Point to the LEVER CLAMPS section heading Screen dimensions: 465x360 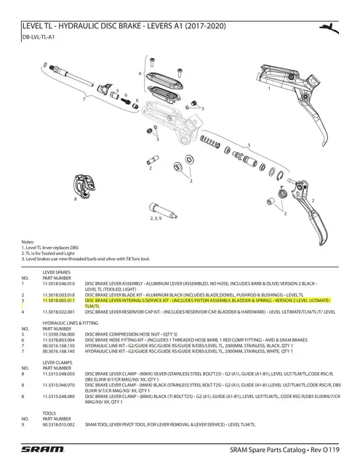(x=58, y=360)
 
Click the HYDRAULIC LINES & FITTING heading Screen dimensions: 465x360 (x=71, y=320)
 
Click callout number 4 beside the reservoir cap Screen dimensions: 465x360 (x=139, y=75)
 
